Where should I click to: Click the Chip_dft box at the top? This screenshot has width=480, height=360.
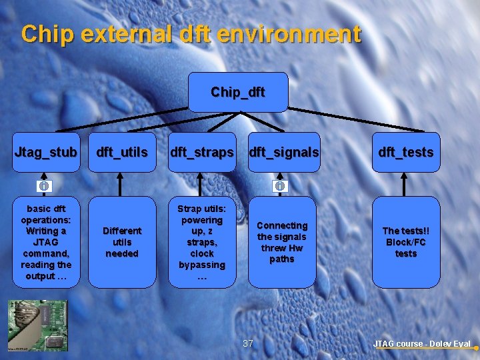(238, 92)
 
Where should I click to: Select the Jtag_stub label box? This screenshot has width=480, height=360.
(46, 152)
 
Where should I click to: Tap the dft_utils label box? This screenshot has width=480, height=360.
(122, 152)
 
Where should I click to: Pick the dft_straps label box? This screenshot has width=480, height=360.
(202, 152)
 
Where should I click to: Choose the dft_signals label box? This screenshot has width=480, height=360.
(283, 152)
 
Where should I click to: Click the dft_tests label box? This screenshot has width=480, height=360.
(406, 152)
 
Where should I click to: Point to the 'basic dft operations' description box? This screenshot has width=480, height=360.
(46, 242)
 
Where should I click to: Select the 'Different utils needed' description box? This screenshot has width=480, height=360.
(122, 242)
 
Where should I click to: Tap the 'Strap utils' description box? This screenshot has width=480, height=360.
(202, 242)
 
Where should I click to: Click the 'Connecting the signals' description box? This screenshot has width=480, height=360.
(282, 242)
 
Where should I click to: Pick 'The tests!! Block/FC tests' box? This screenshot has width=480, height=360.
(406, 242)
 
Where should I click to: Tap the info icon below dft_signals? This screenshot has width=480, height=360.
(280, 185)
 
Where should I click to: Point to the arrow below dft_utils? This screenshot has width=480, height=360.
(121, 185)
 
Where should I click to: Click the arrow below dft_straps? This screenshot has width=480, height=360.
(201, 185)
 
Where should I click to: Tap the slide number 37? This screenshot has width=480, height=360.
(248, 343)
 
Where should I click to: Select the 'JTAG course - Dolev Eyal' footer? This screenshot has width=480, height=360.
(422, 344)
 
